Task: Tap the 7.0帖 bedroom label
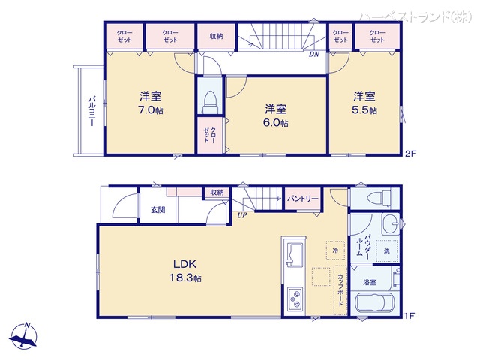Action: click(x=151, y=103)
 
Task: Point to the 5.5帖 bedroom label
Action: click(x=365, y=103)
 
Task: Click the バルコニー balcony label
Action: click(x=90, y=111)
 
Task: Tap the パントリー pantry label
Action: click(x=303, y=199)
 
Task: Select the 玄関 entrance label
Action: click(x=158, y=210)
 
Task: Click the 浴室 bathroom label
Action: click(x=370, y=282)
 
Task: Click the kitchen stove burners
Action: click(x=292, y=300)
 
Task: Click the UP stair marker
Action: click(x=241, y=216)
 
